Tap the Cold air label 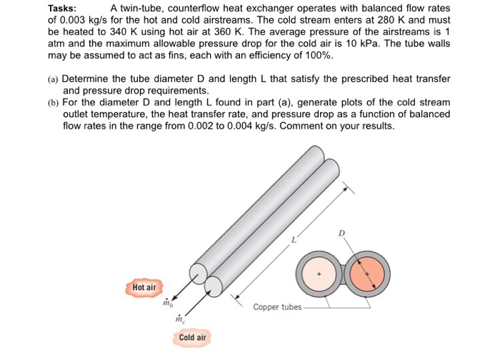coord(192,337)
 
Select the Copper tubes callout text coord(277,307)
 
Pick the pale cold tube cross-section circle coord(319,275)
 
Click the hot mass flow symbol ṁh coord(169,303)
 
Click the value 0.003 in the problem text coord(74,21)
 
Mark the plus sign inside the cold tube coord(320,272)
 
